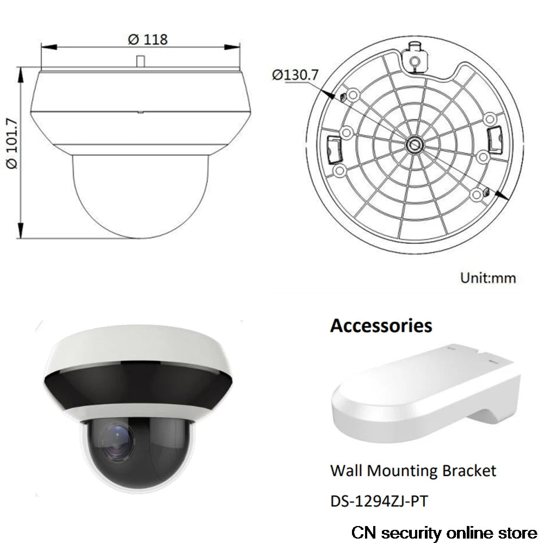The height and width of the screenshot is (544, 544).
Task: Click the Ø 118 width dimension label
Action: pos(147,40)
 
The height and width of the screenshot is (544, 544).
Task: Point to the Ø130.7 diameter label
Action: pos(294,75)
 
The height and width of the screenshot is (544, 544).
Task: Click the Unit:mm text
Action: pos(488,278)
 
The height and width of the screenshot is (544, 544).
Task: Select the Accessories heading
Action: pos(381,325)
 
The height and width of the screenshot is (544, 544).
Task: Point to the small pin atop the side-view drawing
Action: pos(140,61)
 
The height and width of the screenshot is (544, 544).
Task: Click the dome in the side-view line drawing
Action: pos(140,196)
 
